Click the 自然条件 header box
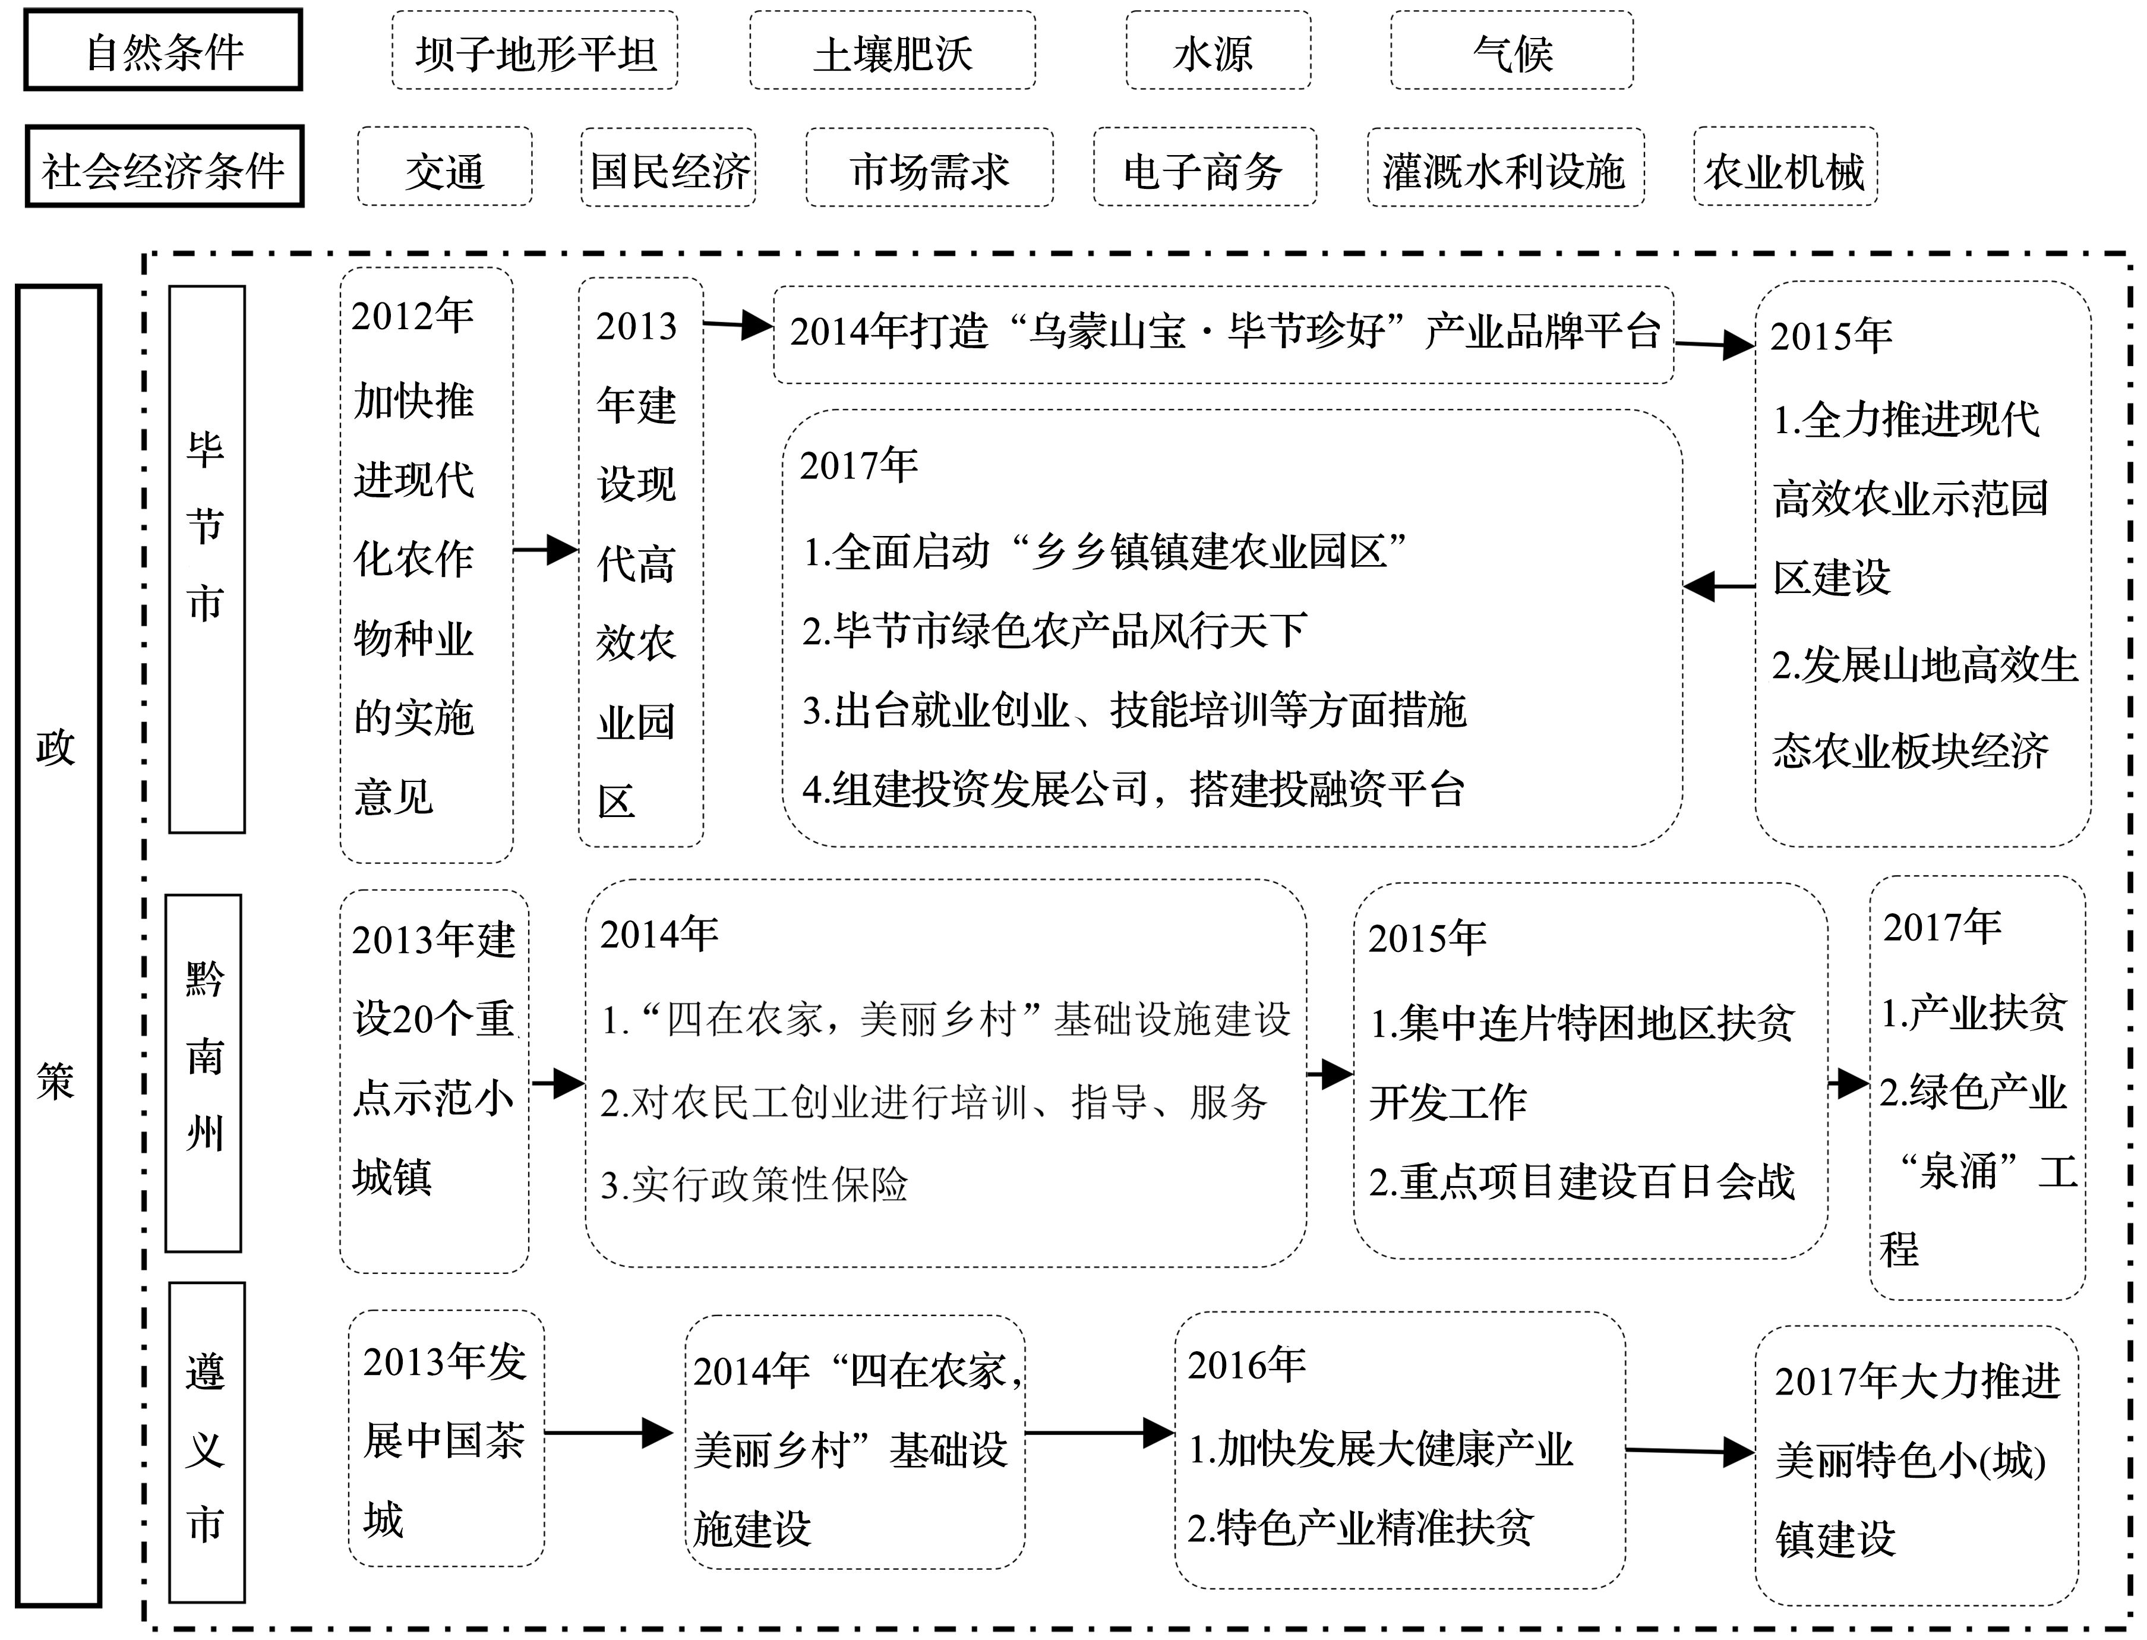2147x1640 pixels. (163, 50)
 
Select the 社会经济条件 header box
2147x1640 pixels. (164, 166)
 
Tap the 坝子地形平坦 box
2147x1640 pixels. (535, 51)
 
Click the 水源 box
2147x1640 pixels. (1218, 51)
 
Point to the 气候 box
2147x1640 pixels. (1512, 51)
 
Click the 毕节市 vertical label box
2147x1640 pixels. (207, 559)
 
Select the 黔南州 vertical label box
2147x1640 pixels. (203, 1073)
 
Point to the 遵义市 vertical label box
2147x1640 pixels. (207, 1443)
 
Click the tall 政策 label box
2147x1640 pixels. (59, 945)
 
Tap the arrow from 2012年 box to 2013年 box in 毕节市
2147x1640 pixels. (545, 550)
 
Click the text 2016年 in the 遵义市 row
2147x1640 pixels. (1246, 1365)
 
